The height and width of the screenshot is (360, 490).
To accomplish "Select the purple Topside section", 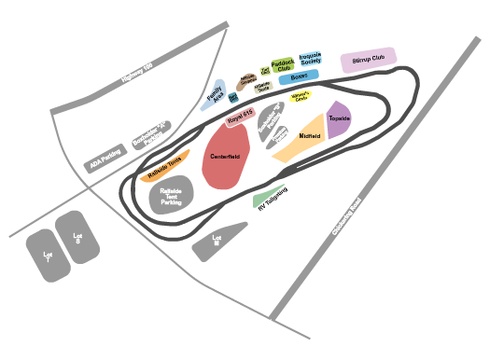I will point(338,120).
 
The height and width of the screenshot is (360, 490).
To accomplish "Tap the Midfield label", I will point(310,137).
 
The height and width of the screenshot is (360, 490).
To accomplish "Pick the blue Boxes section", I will point(299,76).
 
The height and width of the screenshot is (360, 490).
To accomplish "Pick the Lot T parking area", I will point(47,254).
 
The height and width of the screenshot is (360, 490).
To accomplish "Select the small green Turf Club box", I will point(266,69).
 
